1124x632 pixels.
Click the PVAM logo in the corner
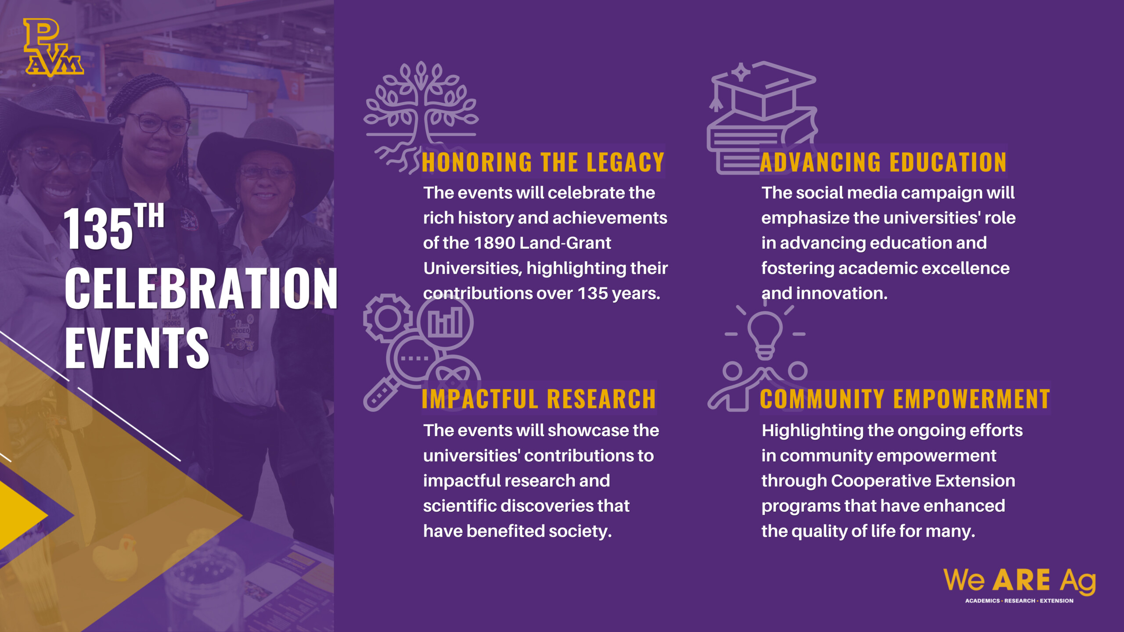(54, 47)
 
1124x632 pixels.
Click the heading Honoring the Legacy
(543, 162)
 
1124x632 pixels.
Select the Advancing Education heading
(883, 162)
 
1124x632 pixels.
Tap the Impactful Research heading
(539, 399)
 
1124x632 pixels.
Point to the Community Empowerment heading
(904, 399)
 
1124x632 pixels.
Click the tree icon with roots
(421, 116)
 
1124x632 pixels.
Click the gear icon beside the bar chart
(387, 318)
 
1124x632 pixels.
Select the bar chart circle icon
(445, 322)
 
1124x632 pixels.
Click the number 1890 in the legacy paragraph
(496, 243)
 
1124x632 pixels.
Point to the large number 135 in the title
(98, 229)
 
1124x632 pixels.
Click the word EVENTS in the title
(137, 348)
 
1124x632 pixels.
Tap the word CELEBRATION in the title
(201, 288)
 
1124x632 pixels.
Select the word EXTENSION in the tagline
(1056, 601)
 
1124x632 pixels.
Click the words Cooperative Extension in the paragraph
(923, 481)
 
